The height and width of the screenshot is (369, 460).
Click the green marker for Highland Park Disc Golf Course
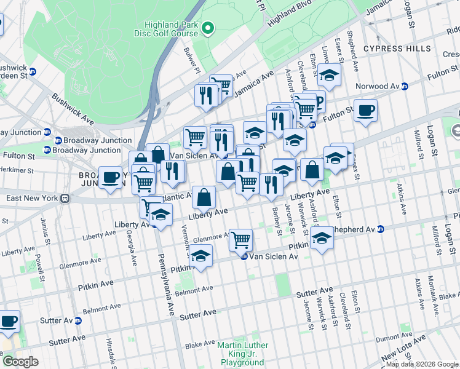click(208, 28)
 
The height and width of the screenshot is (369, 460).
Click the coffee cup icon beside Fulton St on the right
click(365, 111)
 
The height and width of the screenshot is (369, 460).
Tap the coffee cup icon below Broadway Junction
click(111, 178)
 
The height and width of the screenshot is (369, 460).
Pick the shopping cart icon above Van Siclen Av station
click(241, 239)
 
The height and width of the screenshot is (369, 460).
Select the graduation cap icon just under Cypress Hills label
click(329, 75)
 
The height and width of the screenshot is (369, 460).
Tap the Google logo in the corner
click(20, 362)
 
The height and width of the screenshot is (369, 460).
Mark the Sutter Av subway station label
click(60, 320)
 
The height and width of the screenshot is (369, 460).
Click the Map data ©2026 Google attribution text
click(422, 364)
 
